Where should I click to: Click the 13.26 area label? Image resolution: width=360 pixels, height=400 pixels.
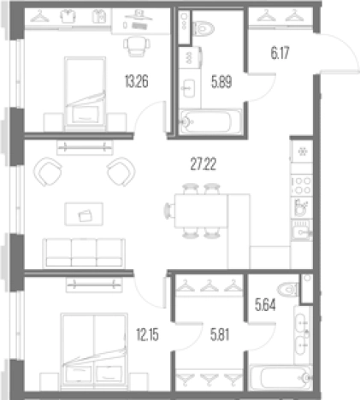(137, 81)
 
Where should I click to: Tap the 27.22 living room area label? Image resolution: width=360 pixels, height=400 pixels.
(204, 164)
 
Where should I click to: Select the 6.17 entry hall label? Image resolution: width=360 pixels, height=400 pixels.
(280, 53)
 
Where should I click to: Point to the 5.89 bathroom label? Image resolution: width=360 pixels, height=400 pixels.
(221, 82)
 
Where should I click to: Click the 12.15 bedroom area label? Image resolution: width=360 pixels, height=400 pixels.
(147, 334)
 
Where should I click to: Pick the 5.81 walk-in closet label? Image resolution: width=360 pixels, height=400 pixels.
(220, 334)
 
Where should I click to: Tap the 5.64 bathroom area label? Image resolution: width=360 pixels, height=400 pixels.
(265, 305)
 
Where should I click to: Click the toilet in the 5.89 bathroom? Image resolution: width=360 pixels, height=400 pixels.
(204, 28)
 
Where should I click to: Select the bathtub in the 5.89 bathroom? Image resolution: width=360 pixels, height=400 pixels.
(210, 122)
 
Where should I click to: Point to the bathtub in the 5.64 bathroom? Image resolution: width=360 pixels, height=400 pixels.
(280, 378)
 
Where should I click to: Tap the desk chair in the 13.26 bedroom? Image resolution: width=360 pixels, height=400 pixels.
(137, 46)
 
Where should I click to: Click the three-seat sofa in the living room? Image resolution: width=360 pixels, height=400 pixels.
(84, 253)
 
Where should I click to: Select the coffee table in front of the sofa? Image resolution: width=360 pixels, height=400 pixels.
(84, 214)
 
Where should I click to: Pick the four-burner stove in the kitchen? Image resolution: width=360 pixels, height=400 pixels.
(302, 185)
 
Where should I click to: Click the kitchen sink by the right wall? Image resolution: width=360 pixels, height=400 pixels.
(302, 231)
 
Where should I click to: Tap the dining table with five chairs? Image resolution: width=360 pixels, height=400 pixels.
(201, 211)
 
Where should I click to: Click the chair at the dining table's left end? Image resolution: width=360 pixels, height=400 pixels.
(169, 211)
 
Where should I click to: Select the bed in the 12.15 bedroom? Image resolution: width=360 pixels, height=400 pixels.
(94, 351)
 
